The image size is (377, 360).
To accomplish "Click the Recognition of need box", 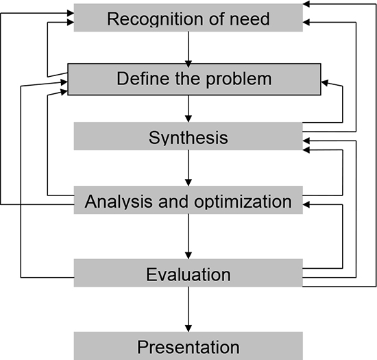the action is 188,18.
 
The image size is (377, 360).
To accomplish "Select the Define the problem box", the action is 194,80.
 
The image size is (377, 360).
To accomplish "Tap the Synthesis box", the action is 188,136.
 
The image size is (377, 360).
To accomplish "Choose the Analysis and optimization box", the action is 188,200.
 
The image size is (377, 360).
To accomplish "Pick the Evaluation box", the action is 188,273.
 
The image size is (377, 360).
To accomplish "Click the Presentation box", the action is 188,346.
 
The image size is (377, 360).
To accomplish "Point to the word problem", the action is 239,80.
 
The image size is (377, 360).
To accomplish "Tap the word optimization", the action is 243,201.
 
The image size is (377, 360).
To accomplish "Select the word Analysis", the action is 119,202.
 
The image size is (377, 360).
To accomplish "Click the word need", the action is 250,19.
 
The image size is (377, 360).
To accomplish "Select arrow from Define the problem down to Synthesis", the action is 188,109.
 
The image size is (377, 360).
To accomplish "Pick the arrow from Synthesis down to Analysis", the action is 188,168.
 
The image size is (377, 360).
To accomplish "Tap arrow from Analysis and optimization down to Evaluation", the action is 188,237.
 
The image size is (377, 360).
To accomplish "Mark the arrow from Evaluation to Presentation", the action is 188,309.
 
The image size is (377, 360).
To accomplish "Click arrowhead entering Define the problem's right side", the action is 325,83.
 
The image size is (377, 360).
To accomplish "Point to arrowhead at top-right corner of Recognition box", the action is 306,4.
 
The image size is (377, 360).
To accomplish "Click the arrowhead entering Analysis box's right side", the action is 306,204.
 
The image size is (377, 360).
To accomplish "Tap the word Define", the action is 143,78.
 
